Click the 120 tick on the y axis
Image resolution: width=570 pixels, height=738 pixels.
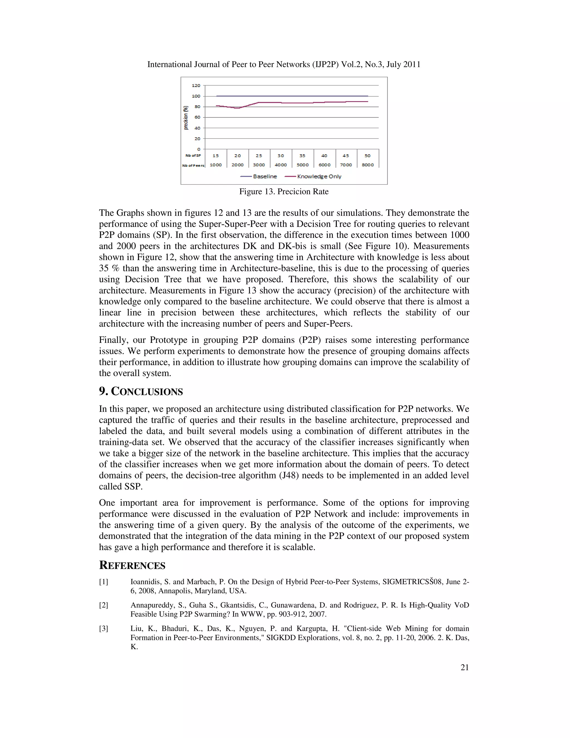(196, 85)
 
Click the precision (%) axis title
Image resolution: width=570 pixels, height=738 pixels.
(186, 118)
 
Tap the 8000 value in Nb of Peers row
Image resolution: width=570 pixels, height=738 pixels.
(368, 165)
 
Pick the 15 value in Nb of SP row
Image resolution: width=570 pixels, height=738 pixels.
(215, 156)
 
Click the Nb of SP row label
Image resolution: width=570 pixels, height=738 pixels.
(193, 156)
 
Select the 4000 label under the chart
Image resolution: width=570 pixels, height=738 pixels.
(281, 165)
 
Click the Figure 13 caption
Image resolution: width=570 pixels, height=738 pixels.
(284, 192)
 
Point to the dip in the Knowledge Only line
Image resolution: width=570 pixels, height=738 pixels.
(238, 108)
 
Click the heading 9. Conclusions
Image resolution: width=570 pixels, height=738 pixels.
(141, 391)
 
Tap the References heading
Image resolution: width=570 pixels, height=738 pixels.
(132, 565)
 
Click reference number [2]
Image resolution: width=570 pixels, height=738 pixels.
(103, 605)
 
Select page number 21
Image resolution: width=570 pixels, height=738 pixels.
(465, 667)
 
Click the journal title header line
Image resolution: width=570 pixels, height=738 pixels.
(284, 64)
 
